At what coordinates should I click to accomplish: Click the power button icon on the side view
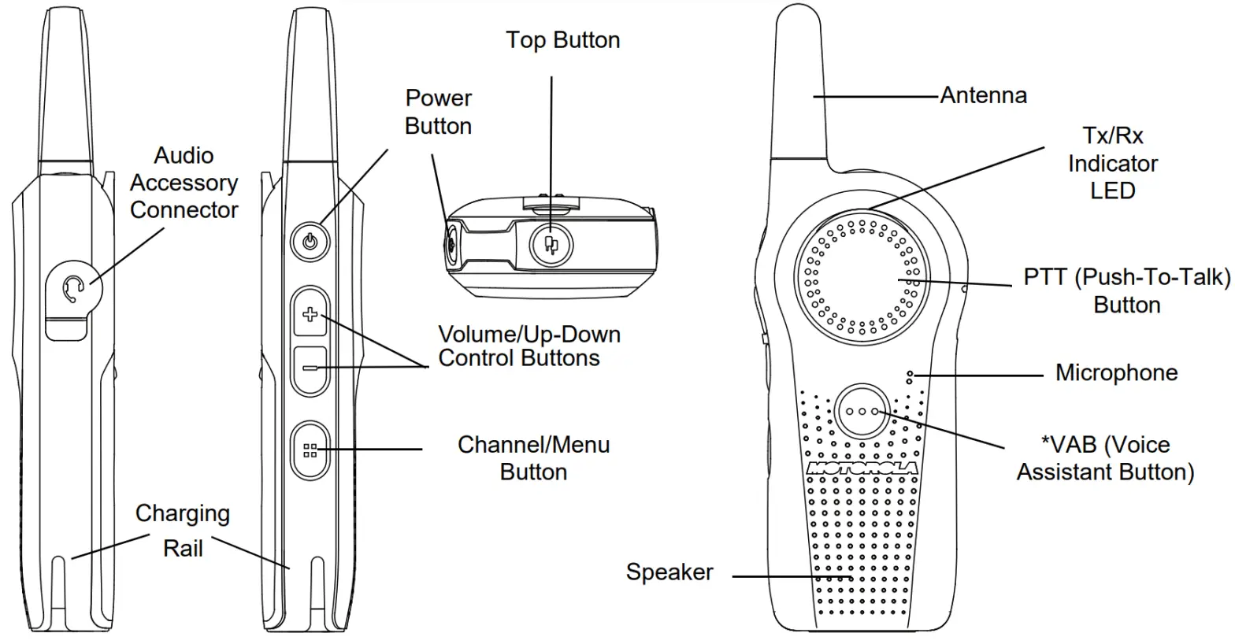310,241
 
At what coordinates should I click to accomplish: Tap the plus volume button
310,315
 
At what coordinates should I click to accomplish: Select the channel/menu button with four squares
310,450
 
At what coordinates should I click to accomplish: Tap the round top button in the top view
551,243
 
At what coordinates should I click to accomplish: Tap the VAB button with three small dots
862,412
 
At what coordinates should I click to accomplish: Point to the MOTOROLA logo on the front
862,468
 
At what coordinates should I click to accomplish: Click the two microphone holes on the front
910,377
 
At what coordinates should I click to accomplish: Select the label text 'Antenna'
983,96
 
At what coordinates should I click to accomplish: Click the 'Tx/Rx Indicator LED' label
1112,163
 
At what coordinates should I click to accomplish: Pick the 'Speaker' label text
669,572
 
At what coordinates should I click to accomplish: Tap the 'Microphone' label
1116,372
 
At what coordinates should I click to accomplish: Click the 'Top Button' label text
562,40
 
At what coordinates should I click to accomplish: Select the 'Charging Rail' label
183,530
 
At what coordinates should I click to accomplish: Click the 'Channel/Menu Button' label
533,457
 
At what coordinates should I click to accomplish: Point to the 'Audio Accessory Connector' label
183,183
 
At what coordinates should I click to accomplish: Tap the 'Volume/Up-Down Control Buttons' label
528,346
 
